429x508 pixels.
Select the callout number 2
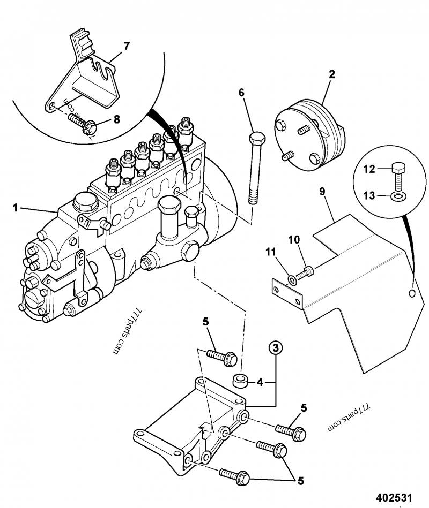click(x=332, y=75)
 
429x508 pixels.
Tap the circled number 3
click(x=275, y=348)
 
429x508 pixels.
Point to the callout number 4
click(x=260, y=383)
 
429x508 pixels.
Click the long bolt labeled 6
click(x=254, y=171)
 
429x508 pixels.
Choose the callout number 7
click(x=127, y=46)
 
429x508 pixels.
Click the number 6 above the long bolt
click(x=242, y=93)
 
